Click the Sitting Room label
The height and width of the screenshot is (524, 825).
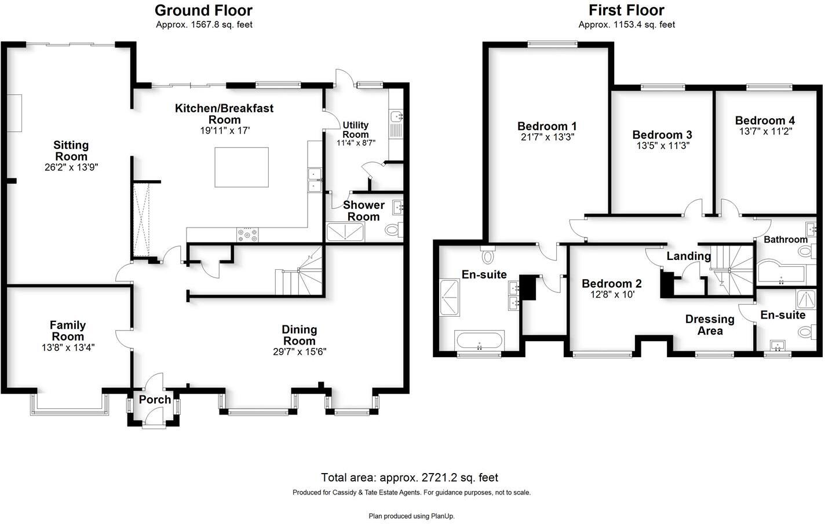71,151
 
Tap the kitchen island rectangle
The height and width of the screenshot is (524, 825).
242,167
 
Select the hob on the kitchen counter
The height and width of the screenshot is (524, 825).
247,234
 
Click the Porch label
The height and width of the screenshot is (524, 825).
155,400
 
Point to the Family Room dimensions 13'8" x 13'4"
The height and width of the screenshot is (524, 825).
68,347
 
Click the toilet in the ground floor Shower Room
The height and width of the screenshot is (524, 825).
393,230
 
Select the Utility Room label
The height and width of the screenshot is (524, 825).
356,130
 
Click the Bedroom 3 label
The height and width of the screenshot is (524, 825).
662,135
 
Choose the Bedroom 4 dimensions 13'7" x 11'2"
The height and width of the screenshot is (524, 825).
765,131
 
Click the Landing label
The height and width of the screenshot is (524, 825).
688,256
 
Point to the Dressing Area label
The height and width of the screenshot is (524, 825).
710,325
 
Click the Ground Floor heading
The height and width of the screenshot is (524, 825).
203,10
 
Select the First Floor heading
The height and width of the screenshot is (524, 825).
626,10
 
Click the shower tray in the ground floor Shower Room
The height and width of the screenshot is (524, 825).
346,232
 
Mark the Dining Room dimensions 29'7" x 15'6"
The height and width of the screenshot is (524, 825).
300,351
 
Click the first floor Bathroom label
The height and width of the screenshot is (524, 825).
785,239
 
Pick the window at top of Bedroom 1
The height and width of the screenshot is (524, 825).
552,43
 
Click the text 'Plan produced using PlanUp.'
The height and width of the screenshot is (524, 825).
411,516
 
